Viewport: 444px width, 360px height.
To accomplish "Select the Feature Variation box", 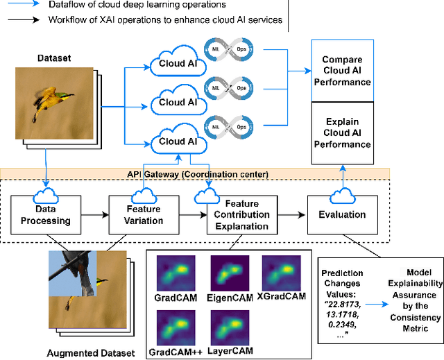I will [144, 215].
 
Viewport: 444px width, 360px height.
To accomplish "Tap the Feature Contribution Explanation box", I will [241, 215].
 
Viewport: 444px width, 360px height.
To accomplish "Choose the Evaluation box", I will [342, 215].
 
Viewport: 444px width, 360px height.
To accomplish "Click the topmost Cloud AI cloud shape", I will [171, 64].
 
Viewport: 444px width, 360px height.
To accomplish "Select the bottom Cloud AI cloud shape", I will [171, 141].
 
